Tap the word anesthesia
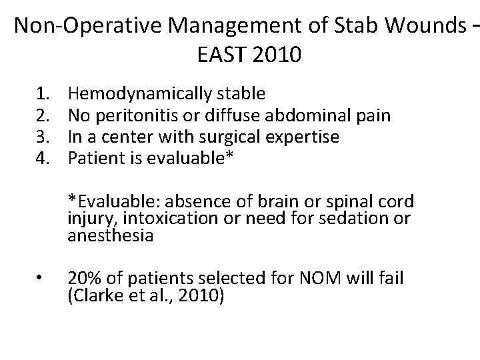[x=101, y=236]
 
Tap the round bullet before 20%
[x=41, y=279]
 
